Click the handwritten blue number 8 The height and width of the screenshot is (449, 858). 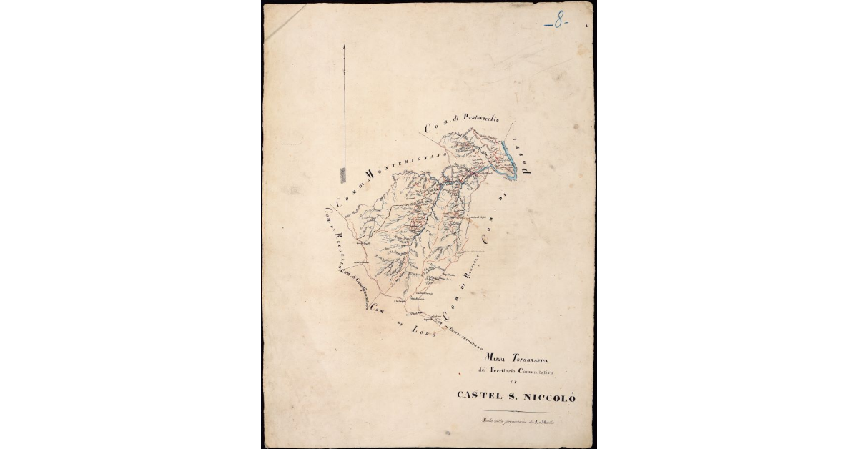click(556, 22)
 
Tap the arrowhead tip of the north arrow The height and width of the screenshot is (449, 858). click(344, 44)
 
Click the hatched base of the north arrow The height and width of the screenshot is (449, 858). click(343, 173)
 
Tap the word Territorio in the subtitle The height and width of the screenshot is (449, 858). click(515, 370)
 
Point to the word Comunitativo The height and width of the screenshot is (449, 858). click(548, 370)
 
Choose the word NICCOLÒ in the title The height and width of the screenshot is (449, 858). click(550, 395)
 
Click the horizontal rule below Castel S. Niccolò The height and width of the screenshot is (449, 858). click(516, 412)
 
